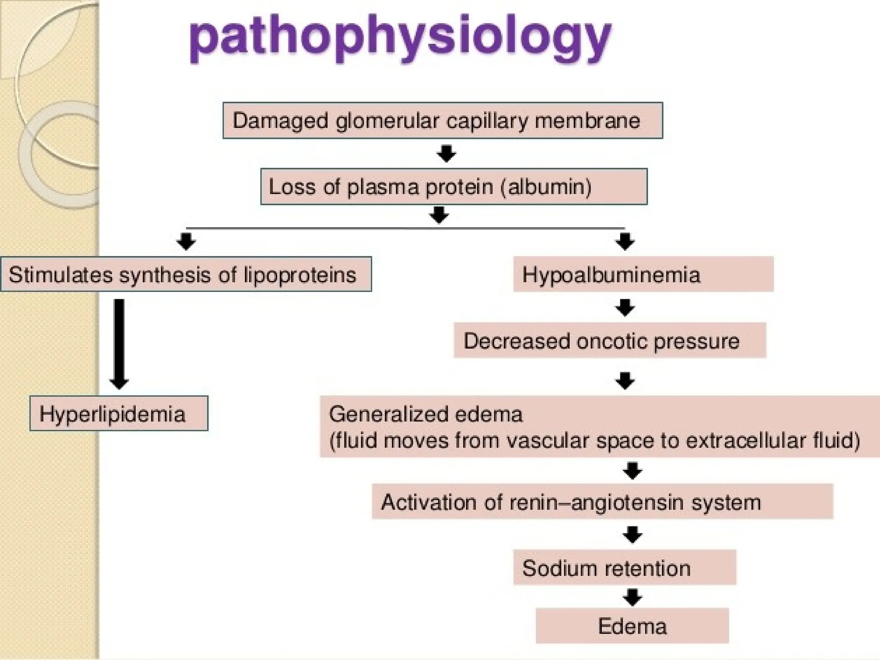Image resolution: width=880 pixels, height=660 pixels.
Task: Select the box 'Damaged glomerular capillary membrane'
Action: click(443, 120)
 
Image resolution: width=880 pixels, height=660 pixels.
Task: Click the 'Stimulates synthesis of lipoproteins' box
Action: click(186, 274)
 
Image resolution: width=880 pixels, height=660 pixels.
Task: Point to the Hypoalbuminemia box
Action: click(643, 274)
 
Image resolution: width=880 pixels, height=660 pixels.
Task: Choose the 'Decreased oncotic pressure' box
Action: click(610, 341)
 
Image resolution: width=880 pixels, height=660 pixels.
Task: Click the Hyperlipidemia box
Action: click(119, 414)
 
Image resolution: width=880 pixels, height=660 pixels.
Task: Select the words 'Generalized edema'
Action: click(425, 415)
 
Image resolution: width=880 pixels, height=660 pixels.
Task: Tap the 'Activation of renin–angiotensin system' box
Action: click(602, 502)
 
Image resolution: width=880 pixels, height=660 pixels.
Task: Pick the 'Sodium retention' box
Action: click(624, 568)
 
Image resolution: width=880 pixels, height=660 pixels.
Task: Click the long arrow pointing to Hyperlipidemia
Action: click(119, 344)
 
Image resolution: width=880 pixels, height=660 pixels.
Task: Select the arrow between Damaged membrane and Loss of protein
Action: click(446, 153)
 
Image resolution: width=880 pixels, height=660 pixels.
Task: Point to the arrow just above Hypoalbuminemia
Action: click(625, 241)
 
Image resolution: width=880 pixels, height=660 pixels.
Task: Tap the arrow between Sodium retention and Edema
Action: click(632, 597)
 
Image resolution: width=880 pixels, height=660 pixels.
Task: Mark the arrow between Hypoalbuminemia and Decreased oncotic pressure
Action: click(625, 308)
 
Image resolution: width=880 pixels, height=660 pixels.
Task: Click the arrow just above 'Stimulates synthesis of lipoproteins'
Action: click(186, 241)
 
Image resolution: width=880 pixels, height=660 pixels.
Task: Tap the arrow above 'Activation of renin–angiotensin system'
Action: click(632, 471)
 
